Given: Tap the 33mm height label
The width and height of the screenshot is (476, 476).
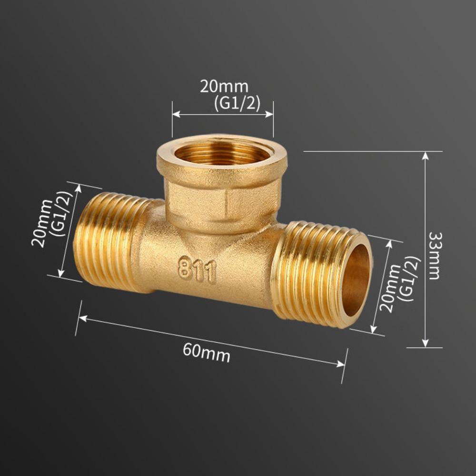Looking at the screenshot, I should coord(435,256).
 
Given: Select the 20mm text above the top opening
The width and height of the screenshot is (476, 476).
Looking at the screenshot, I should coord(224,87).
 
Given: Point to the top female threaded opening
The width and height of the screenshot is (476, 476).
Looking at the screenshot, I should coord(222,153).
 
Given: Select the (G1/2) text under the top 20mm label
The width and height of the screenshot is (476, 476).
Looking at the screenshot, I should coord(237,104).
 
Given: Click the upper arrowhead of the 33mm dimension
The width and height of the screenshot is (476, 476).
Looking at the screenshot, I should coord(426,155).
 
